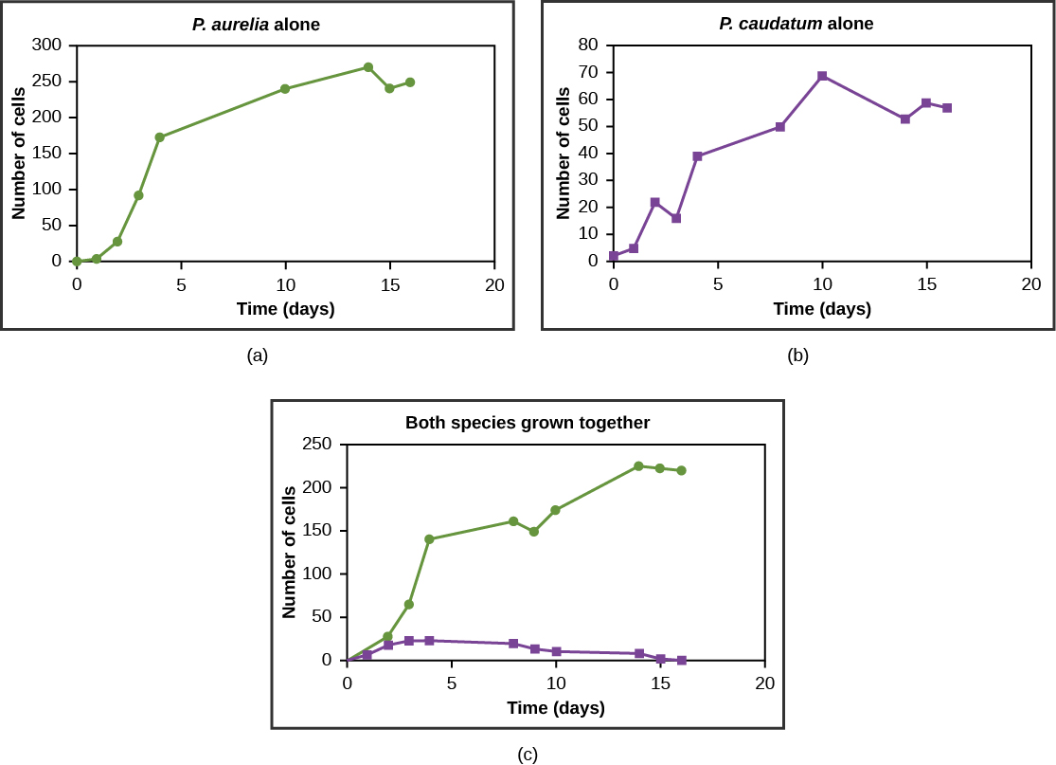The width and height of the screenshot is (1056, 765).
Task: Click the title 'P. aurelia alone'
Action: (x=256, y=25)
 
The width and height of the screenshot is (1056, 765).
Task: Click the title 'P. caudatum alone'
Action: (x=796, y=24)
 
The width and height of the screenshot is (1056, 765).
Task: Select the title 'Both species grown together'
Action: (x=528, y=423)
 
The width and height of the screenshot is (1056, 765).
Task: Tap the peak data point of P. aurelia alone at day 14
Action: (x=368, y=67)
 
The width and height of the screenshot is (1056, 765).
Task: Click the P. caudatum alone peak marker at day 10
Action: (x=822, y=76)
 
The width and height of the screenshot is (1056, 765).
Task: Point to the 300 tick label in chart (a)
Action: (x=46, y=45)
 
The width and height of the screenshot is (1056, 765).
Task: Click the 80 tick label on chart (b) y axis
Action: (x=588, y=45)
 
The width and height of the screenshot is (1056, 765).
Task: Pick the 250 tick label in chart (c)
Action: (x=316, y=444)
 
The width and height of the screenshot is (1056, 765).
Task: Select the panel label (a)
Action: (x=257, y=355)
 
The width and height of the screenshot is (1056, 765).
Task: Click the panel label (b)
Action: (x=797, y=355)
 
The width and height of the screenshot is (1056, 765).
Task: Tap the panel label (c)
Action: (x=528, y=755)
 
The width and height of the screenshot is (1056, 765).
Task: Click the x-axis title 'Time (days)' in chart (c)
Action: (x=556, y=708)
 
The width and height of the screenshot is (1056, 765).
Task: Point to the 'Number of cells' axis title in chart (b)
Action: (x=564, y=154)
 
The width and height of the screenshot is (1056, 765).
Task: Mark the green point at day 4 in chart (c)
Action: (x=429, y=539)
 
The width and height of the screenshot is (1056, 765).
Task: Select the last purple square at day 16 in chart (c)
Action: (x=681, y=660)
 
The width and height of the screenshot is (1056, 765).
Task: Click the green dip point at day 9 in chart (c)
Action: (x=534, y=532)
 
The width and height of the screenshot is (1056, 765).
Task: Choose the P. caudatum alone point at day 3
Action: (x=676, y=218)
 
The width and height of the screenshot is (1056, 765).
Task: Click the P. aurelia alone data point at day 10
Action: (x=285, y=89)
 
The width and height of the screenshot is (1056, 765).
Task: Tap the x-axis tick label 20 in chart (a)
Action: (x=493, y=285)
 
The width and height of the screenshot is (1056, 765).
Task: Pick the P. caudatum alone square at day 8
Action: (x=780, y=126)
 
